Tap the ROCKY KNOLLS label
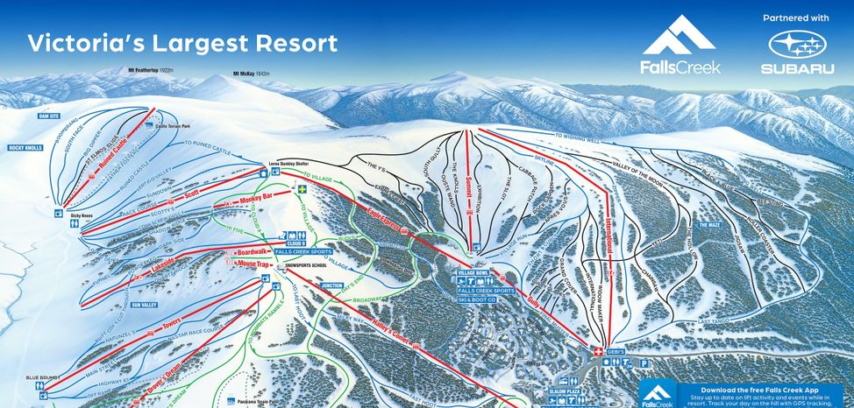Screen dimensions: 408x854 tap(25, 148)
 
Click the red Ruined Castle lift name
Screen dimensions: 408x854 tap(113, 164)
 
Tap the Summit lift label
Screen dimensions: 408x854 tap(468, 186)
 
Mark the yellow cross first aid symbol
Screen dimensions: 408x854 tap(302, 188)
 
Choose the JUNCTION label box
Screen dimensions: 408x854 tap(331, 285)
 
